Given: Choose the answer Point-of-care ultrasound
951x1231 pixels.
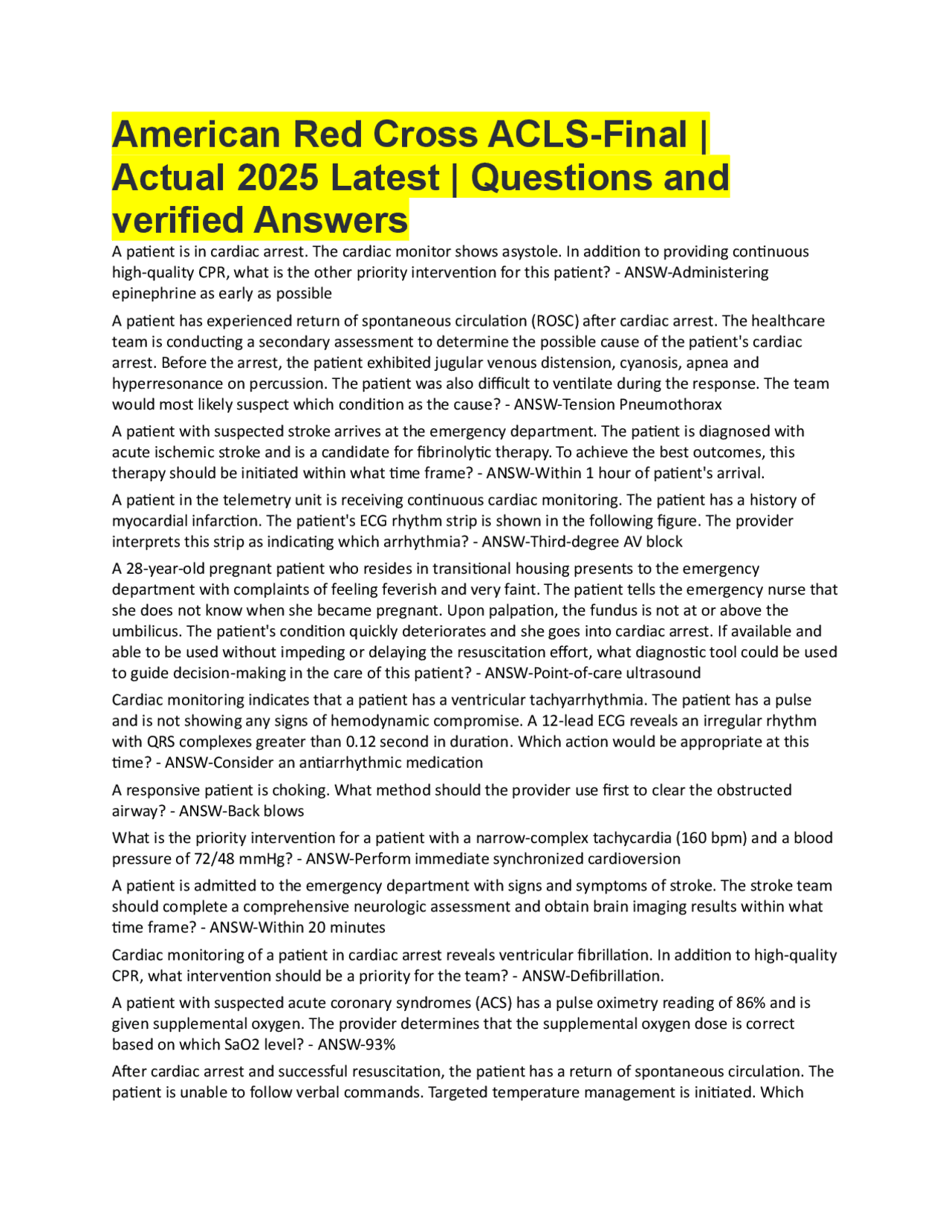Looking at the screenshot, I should coord(617,673).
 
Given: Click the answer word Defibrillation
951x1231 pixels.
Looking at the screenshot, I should coord(620,976).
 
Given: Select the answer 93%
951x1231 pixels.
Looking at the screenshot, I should coord(381,1045).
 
